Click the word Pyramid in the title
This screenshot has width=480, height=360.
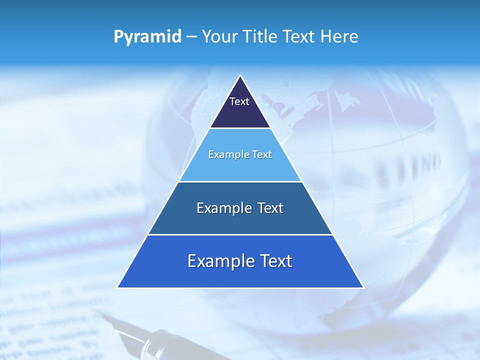(147, 37)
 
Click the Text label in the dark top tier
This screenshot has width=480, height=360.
(239, 101)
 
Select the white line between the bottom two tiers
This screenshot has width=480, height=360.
(240, 234)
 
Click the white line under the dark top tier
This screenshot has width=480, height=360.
(240, 128)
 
